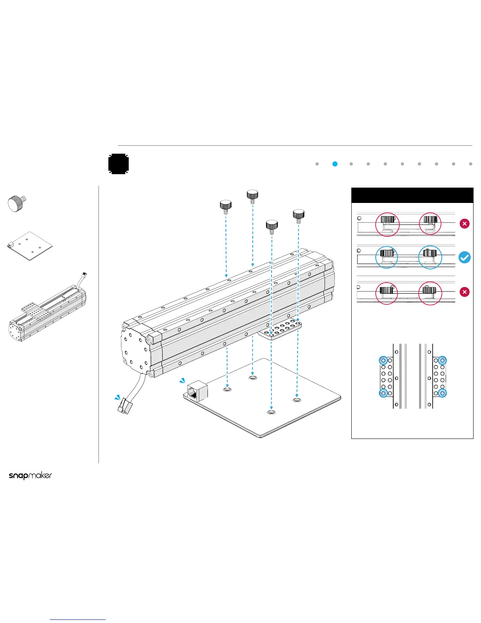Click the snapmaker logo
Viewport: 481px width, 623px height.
pyautogui.click(x=30, y=476)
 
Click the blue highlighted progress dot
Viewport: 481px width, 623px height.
pyautogui.click(x=335, y=164)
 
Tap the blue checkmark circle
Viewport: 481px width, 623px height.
pyautogui.click(x=464, y=258)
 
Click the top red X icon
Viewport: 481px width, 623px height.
pyautogui.click(x=464, y=224)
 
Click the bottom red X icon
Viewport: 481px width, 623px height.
pyautogui.click(x=464, y=292)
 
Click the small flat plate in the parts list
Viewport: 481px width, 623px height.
pyautogui.click(x=30, y=246)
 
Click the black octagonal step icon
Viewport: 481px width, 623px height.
pyautogui.click(x=119, y=164)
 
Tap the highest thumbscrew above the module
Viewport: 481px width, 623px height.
pyautogui.click(x=252, y=195)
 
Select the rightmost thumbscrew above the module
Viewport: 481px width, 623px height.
pyautogui.click(x=299, y=216)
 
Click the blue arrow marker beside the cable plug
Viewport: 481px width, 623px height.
pyautogui.click(x=117, y=398)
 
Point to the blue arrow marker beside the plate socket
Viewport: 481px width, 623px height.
pyautogui.click(x=182, y=380)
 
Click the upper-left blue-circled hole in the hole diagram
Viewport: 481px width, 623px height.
pyautogui.click(x=384, y=360)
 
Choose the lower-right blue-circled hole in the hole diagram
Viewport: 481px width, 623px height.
pyautogui.click(x=442, y=393)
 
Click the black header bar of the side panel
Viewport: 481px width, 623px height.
pyautogui.click(x=412, y=195)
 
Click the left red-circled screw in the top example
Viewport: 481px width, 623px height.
pyautogui.click(x=387, y=225)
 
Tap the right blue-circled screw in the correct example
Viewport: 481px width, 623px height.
pyautogui.click(x=430, y=257)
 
